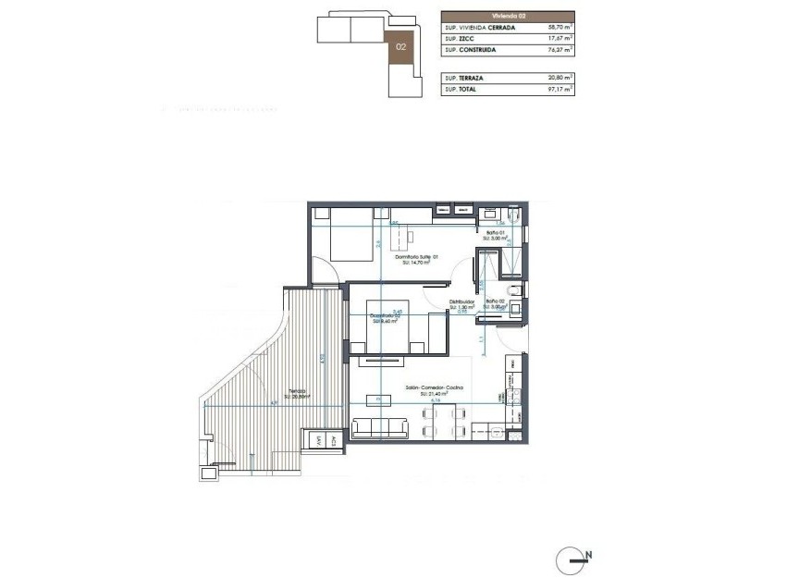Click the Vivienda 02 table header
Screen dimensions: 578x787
(507, 16)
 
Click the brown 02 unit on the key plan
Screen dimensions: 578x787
(401, 46)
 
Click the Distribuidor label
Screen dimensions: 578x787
(461, 301)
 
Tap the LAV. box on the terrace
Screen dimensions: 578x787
(319, 440)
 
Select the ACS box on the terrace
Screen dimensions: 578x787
(333, 440)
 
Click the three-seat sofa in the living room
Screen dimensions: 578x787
(379, 427)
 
